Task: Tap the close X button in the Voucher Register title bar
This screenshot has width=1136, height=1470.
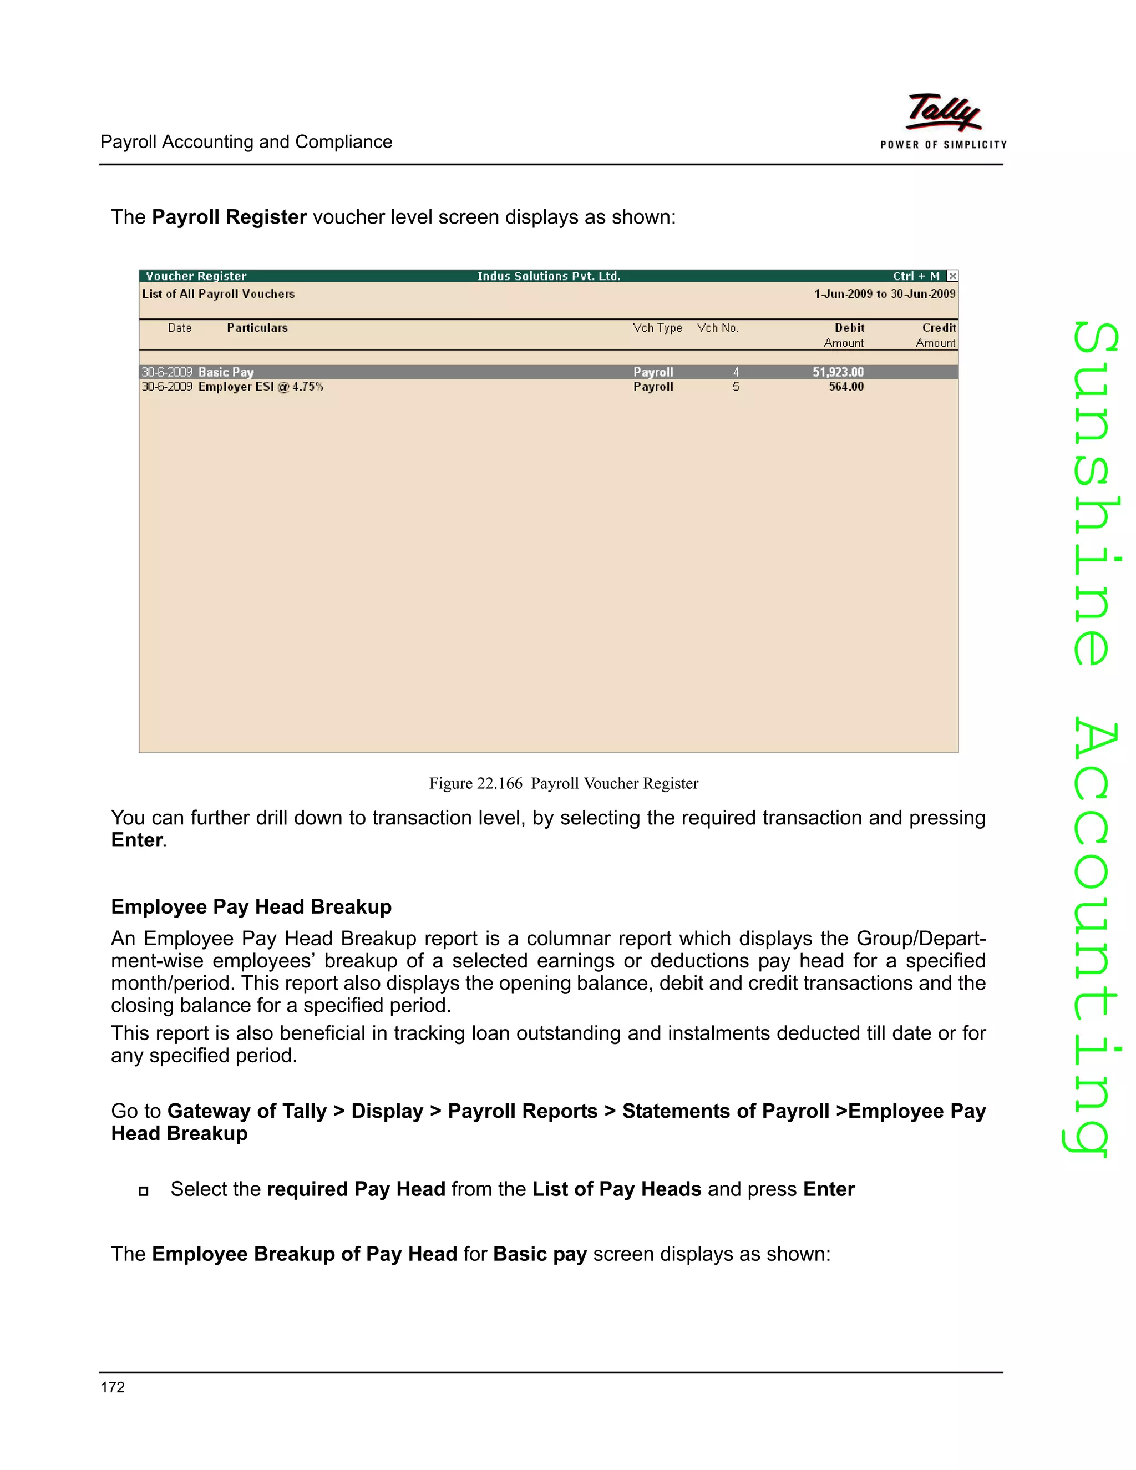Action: point(952,276)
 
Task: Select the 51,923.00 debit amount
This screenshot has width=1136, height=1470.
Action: point(838,372)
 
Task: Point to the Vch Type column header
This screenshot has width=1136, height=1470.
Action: point(657,328)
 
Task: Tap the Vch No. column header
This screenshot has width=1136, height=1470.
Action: point(717,328)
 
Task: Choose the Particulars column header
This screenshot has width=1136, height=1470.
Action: point(257,328)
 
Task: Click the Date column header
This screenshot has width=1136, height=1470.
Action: point(180,328)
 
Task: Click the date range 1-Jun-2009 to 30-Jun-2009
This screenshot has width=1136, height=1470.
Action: point(884,294)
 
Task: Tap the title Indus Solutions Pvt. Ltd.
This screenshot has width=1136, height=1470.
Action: point(549,276)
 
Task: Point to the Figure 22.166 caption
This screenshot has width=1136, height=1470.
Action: point(564,783)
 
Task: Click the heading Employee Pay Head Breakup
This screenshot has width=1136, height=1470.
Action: point(251,906)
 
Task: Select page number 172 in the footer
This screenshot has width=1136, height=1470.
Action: point(113,1387)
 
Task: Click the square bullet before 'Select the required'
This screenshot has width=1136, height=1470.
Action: point(143,1190)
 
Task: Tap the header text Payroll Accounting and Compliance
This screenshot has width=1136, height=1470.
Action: point(246,142)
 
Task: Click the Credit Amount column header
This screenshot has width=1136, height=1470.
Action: point(936,335)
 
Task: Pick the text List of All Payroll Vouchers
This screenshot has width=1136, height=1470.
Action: point(218,294)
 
